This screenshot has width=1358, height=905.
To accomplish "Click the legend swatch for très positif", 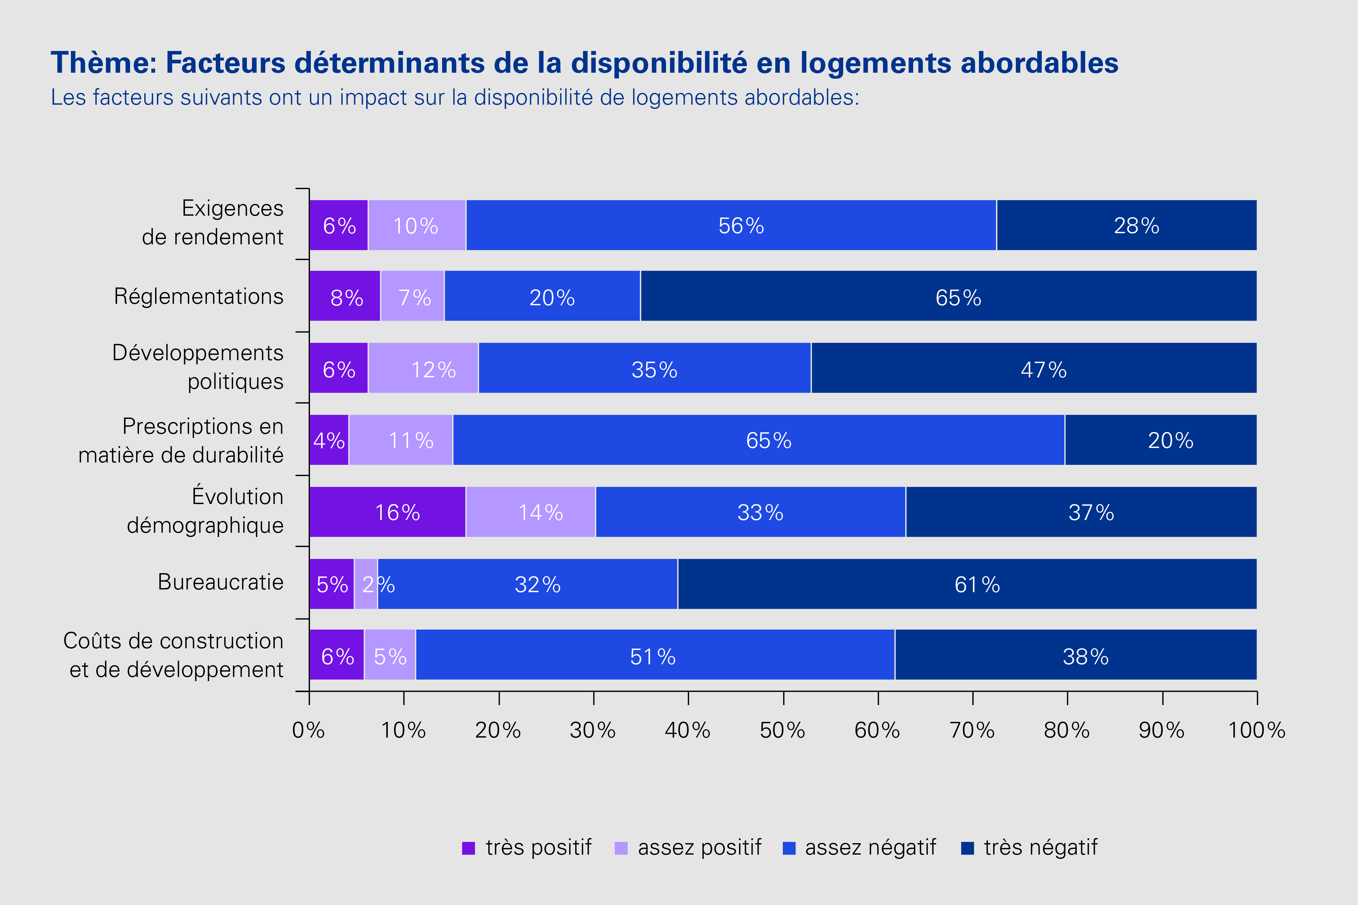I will click(468, 848).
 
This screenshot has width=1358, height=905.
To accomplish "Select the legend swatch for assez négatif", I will click(789, 848).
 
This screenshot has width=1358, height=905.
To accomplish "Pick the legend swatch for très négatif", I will click(968, 848).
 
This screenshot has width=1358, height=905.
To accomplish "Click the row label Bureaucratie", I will click(221, 582).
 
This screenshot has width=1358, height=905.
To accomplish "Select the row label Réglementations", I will click(199, 297).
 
